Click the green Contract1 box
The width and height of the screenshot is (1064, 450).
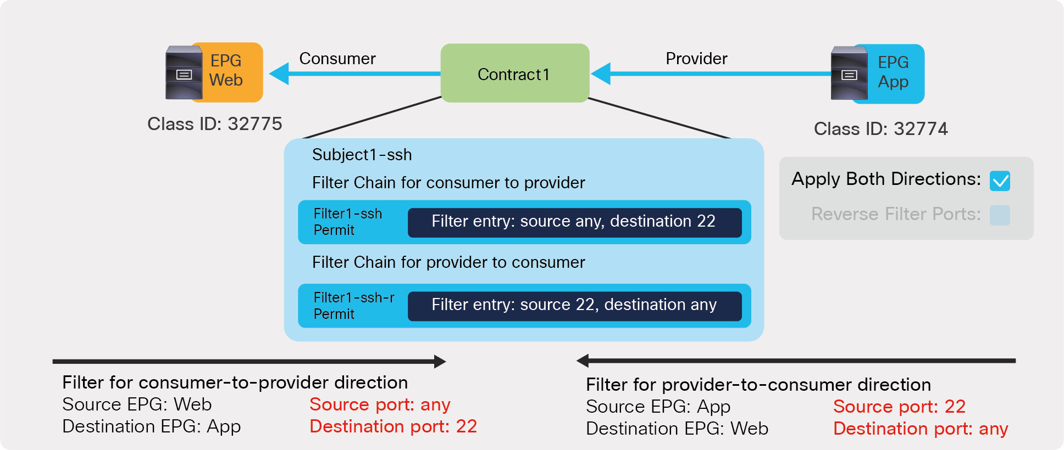click(x=514, y=74)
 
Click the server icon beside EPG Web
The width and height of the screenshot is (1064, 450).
click(x=184, y=73)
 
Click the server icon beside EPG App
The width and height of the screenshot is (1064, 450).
click(x=849, y=74)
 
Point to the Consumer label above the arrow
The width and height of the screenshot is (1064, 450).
click(x=337, y=59)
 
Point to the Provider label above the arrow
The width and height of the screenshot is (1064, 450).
click(x=696, y=59)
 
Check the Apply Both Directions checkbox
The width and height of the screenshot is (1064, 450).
click(x=999, y=181)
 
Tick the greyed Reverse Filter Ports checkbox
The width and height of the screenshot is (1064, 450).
click(x=999, y=215)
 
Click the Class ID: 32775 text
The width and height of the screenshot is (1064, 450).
click(x=214, y=124)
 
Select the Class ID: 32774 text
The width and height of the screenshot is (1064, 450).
click(x=880, y=129)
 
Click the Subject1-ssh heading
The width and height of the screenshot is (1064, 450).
click(x=362, y=155)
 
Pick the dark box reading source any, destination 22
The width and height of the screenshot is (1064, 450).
click(x=574, y=222)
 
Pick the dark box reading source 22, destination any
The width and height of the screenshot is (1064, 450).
click(x=574, y=305)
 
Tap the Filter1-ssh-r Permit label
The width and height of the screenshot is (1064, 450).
click(x=353, y=306)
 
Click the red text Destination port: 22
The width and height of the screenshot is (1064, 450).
click(x=393, y=426)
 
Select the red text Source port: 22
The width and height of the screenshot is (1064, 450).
click(x=899, y=407)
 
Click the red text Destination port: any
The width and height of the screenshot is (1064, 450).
click(x=921, y=429)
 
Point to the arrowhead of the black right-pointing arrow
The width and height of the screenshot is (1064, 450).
click(x=440, y=361)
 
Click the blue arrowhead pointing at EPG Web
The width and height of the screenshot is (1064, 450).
click(x=280, y=74)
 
